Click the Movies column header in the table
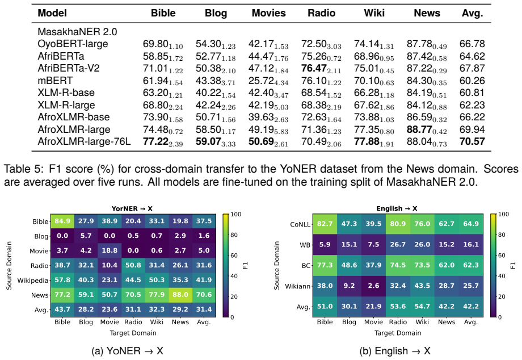(268, 13)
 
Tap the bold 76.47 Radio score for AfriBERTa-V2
(314, 68)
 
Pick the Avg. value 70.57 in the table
(472, 141)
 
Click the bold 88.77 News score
(419, 129)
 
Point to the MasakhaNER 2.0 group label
(77, 32)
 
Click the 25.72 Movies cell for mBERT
(261, 81)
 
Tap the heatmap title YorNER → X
(132, 208)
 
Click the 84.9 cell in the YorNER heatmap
(62, 221)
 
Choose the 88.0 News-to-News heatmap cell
(180, 295)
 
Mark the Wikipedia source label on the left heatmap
(33, 281)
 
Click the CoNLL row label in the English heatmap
(300, 224)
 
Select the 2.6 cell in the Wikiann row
(373, 286)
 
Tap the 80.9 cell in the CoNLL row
(398, 224)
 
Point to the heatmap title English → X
(397, 208)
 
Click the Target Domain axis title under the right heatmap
(398, 333)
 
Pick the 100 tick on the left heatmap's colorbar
(235, 214)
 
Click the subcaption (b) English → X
(395, 351)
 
